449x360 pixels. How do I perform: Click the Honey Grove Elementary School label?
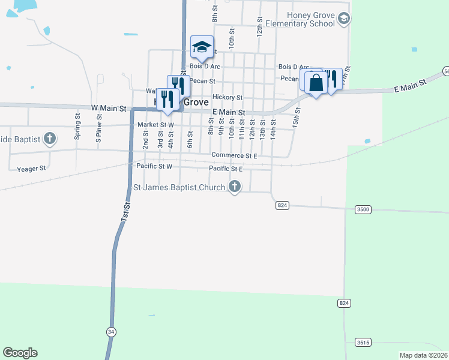coord(303,19)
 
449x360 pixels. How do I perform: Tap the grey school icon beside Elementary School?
coord(343,19)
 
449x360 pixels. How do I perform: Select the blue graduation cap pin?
coord(202,47)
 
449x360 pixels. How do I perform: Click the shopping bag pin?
coord(316,83)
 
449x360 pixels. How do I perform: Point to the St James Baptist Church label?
coord(179,187)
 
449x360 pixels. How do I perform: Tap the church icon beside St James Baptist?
coord(235,187)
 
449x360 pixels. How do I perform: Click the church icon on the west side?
coord(50,139)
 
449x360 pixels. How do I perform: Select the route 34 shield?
coord(110,331)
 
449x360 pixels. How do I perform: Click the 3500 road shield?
coord(363,209)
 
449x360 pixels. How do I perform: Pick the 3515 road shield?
coord(363,342)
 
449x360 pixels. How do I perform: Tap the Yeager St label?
coord(32,169)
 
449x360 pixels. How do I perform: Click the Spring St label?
coord(77,126)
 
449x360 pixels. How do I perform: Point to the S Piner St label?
coord(99,127)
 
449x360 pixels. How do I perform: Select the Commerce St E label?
coord(234,155)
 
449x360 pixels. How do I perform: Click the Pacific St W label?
coord(154,166)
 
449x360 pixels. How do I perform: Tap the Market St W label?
coord(155,125)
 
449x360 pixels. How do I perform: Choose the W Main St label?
coord(109,108)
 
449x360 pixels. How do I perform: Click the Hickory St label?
coord(227,97)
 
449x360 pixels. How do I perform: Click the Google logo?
coord(20,353)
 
